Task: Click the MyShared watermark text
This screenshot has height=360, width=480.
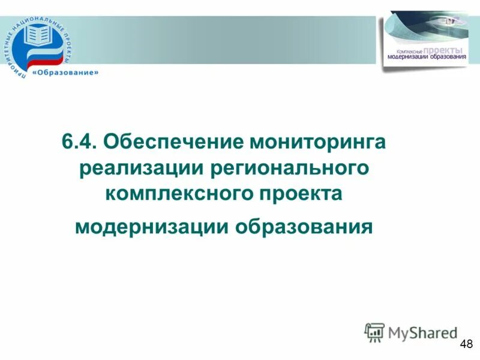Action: [422, 332]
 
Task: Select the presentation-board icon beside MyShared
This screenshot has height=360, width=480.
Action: [374, 332]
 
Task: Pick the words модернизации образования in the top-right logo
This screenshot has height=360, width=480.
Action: [427, 58]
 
